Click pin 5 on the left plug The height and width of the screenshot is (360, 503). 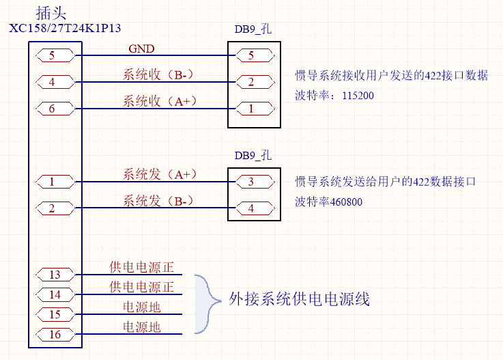52,55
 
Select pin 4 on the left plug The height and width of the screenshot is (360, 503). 52,82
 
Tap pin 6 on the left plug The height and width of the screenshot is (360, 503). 52,108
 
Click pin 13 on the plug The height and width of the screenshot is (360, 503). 55,275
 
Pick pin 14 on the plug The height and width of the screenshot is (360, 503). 55,294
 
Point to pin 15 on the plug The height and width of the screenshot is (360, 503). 55,314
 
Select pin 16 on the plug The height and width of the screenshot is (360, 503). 55,334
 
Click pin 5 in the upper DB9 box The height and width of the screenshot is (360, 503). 250,55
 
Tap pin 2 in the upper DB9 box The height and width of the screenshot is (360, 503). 250,82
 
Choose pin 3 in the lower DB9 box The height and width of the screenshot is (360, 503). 250,182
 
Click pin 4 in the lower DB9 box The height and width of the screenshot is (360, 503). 250,208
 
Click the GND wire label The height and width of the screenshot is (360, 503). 141,49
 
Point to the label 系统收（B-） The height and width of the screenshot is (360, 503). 160,74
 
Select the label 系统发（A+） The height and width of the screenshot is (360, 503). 160,174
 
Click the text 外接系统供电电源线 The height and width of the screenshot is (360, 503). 299,299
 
